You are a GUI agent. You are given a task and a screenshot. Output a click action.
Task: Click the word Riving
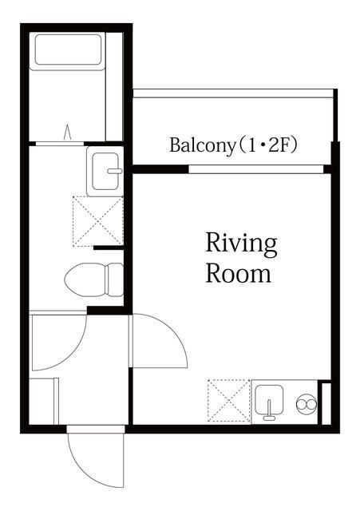pyautogui.click(x=241, y=243)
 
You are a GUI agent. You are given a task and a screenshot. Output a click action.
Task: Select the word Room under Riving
pyautogui.click(x=238, y=273)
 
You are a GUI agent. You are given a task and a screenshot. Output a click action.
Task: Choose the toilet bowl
pyautogui.click(x=92, y=279)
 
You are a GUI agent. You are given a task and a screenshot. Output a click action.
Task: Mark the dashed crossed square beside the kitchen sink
pyautogui.click(x=228, y=401)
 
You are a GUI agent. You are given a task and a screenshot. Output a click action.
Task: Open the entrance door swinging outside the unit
pyautogui.click(x=96, y=459)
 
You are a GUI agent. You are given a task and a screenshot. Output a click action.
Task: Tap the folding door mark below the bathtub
pyautogui.click(x=68, y=131)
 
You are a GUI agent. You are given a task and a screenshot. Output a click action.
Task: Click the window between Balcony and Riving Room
pyautogui.click(x=256, y=168)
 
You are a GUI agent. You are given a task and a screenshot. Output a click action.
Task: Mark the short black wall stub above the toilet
pyautogui.click(x=109, y=248)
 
